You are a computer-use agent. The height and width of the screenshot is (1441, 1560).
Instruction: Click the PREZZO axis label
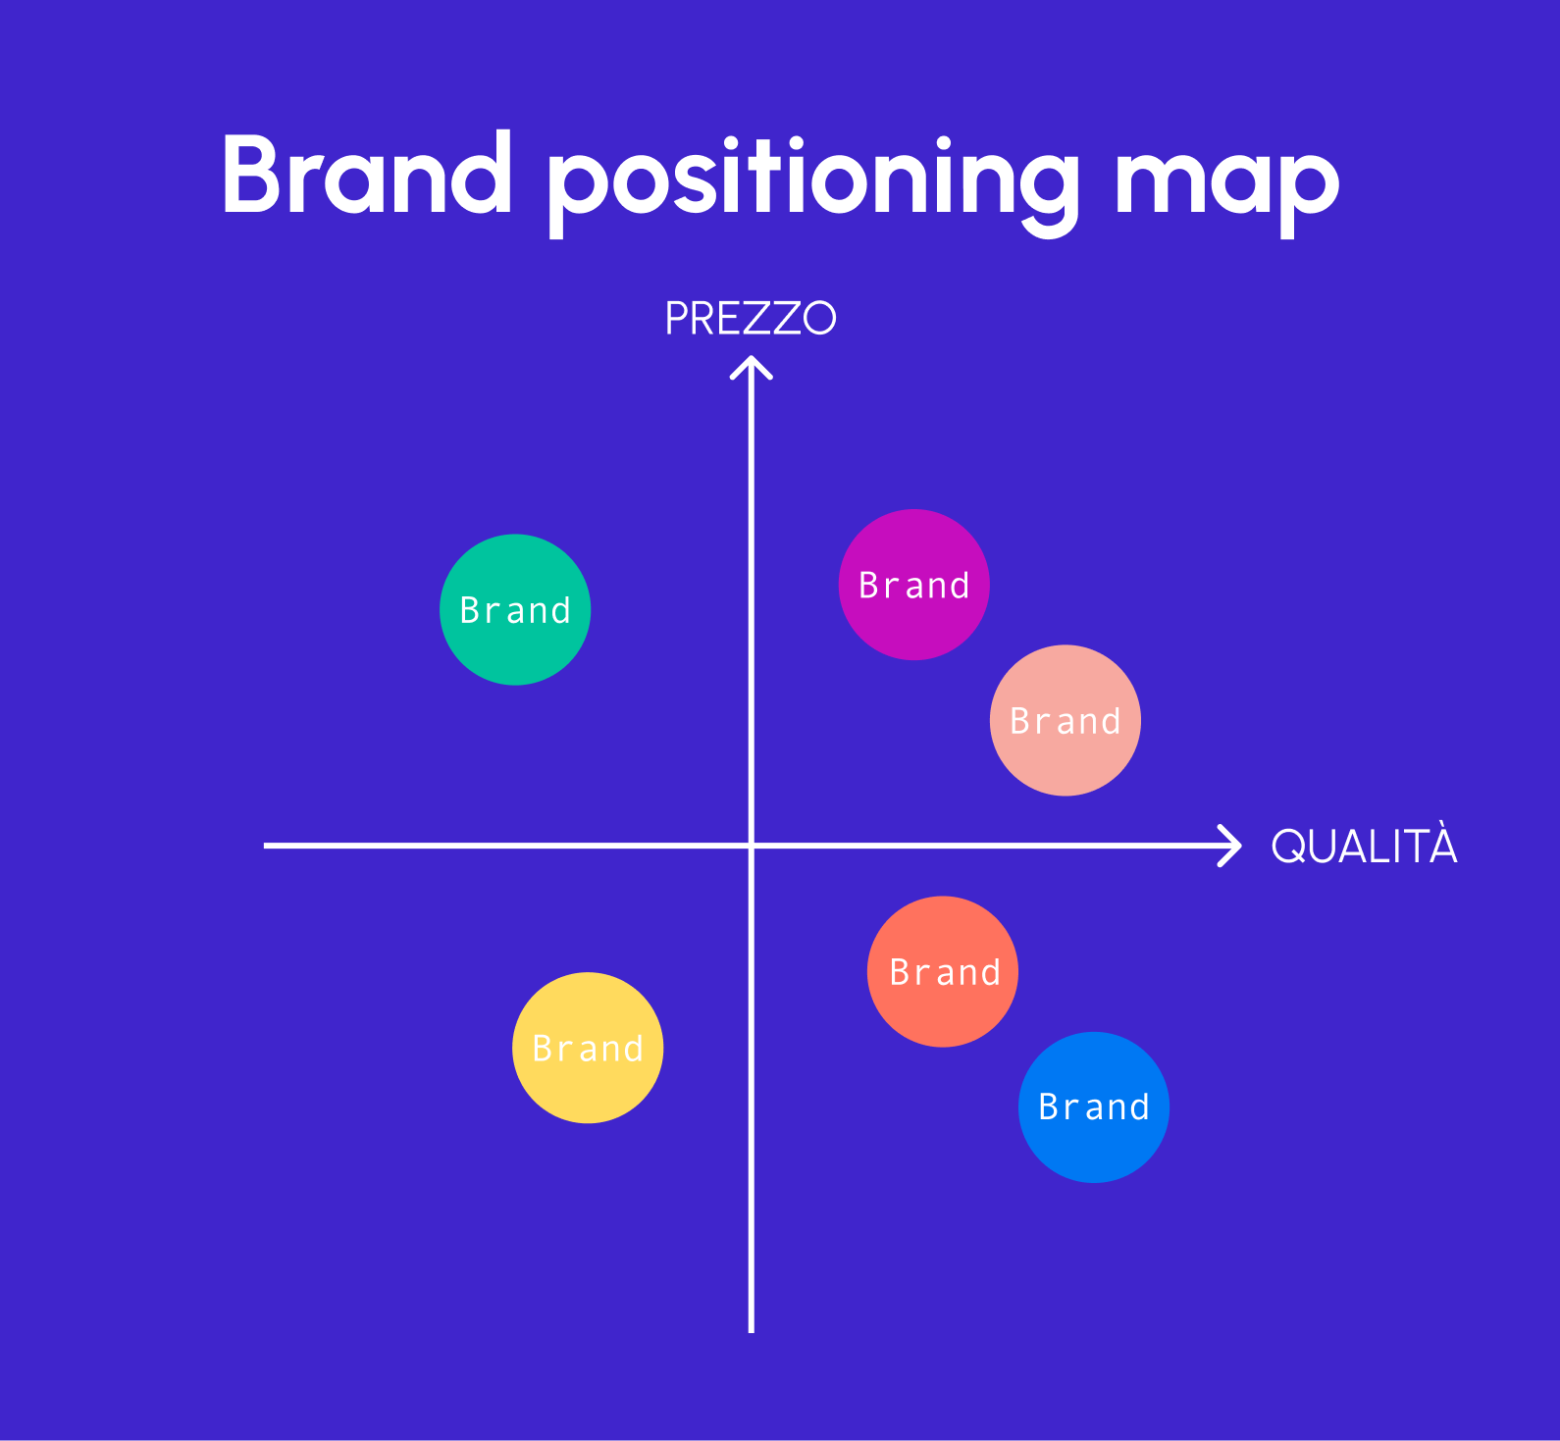[751, 318]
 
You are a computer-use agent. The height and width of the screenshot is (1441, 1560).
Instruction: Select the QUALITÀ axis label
[1364, 847]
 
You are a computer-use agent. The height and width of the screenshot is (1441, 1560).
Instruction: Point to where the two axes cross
[752, 845]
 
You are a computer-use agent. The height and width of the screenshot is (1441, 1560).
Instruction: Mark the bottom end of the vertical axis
[752, 1328]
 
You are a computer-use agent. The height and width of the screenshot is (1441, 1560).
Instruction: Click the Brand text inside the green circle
[515, 611]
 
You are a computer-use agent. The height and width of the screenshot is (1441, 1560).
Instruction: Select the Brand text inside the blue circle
[1094, 1107]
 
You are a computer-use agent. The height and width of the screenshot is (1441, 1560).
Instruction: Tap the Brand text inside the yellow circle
[588, 1050]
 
